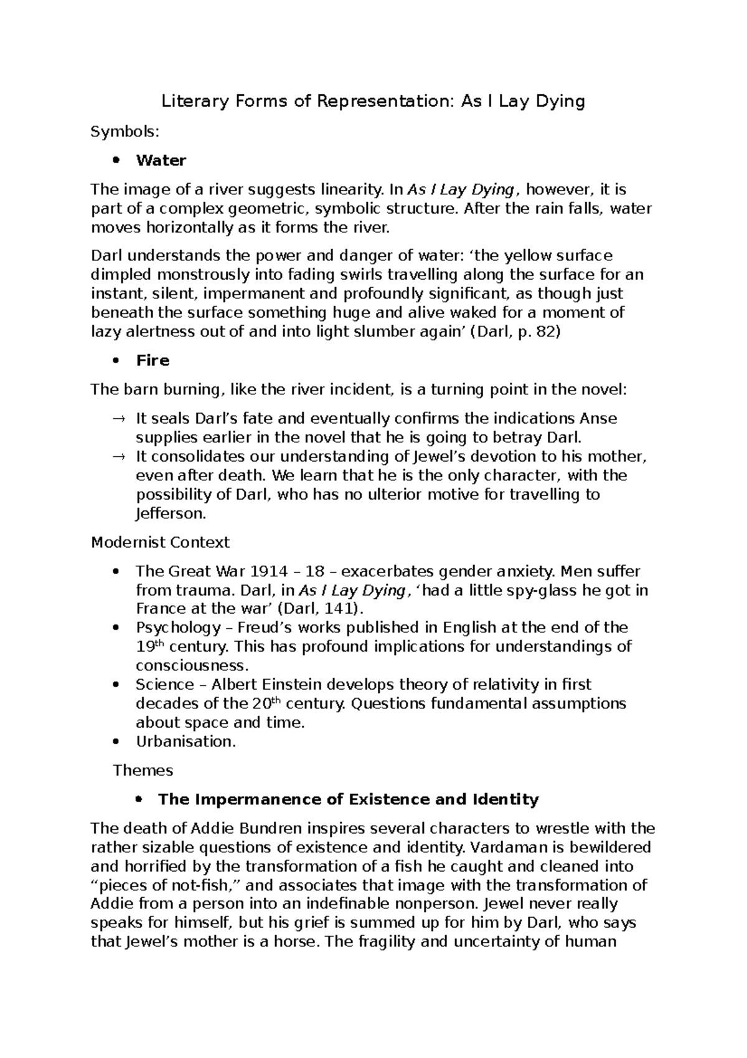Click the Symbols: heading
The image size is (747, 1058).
click(125, 131)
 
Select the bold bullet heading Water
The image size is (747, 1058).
click(161, 161)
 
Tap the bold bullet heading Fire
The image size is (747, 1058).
click(153, 361)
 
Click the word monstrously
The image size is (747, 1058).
click(205, 275)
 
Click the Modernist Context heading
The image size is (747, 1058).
click(160, 543)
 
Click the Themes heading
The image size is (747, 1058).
click(143, 771)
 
